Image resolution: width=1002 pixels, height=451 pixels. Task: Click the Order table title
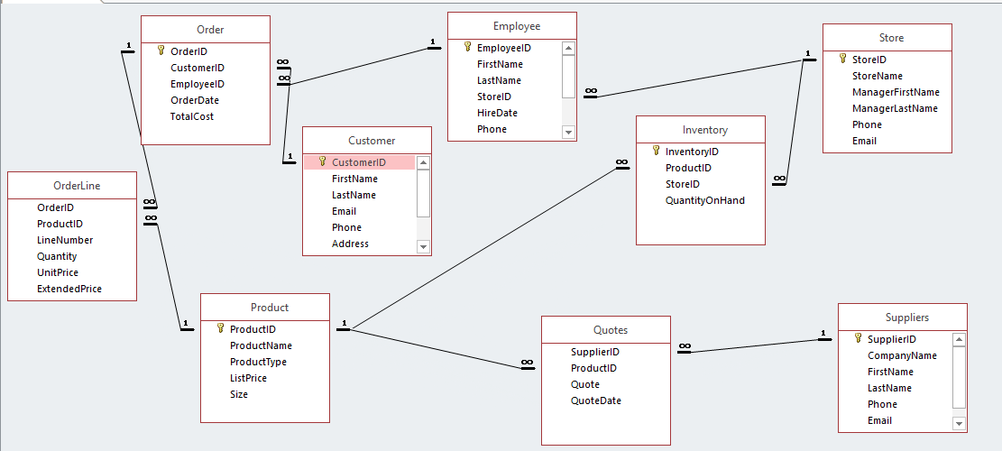[x=210, y=30]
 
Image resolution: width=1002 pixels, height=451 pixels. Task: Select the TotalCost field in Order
[x=192, y=116]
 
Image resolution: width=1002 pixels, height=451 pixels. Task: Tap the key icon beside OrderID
[x=161, y=51]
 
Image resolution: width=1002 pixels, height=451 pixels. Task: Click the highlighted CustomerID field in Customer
[x=359, y=162]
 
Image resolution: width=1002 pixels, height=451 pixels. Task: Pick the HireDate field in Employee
[x=497, y=113]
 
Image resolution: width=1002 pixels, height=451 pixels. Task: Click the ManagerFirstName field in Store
[x=896, y=92]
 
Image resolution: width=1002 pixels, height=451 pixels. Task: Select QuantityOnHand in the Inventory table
[x=705, y=200]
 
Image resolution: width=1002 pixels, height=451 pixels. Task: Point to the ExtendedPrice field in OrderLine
[x=69, y=289]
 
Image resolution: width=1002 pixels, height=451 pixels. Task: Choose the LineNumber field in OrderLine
[x=65, y=240]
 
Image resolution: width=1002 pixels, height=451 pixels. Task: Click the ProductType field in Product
[x=258, y=362]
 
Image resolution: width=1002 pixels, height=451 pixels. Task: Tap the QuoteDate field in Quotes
[x=596, y=400]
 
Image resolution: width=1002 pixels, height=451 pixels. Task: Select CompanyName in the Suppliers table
[x=902, y=355]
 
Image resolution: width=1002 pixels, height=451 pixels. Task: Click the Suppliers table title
[x=907, y=318]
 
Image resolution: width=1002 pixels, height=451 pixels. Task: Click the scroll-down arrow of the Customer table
[x=423, y=245]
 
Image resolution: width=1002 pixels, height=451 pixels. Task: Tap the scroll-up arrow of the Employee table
[x=568, y=49]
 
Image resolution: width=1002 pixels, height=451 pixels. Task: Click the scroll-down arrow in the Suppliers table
[x=959, y=423]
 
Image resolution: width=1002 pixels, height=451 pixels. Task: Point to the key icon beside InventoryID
[x=657, y=152]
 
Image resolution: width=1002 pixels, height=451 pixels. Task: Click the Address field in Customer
[x=350, y=244]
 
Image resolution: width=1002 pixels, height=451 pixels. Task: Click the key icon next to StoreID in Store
[x=843, y=60]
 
